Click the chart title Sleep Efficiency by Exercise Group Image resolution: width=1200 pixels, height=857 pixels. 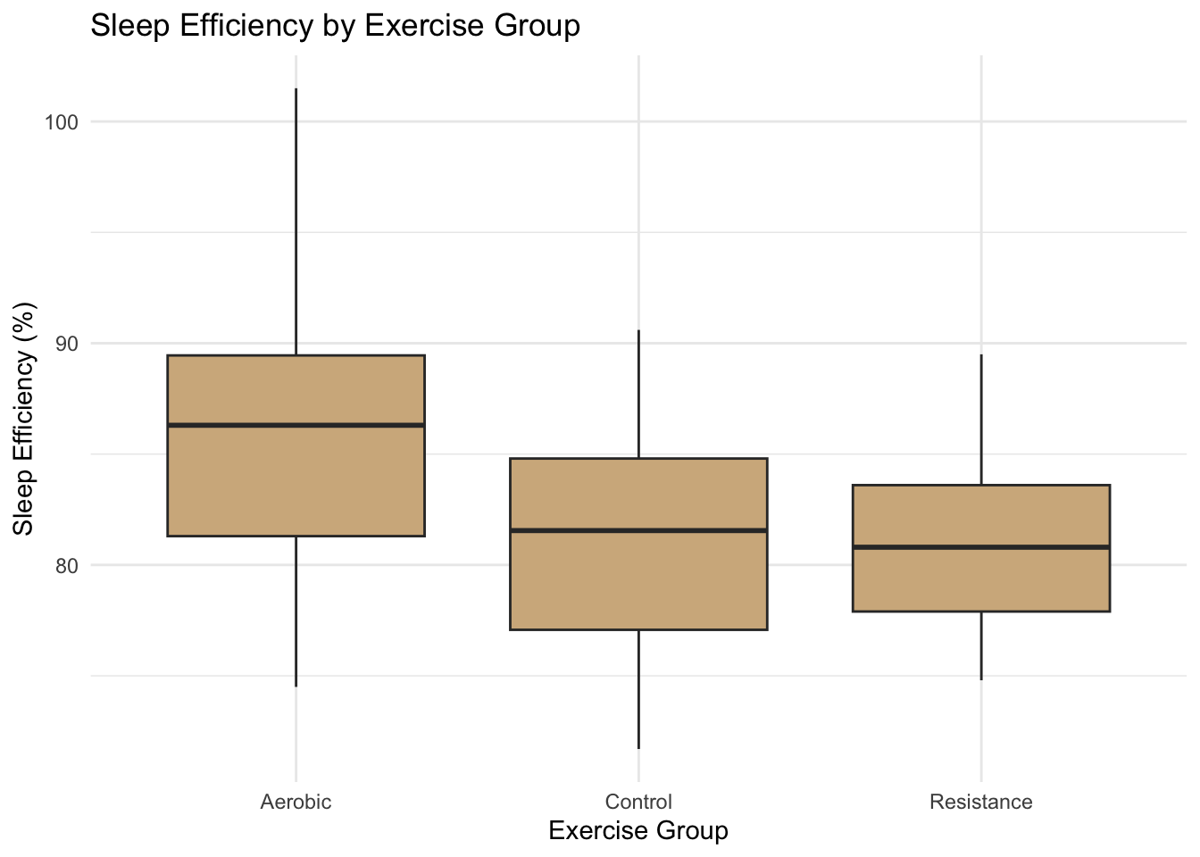336,25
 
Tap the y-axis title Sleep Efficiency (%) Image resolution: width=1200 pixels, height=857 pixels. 24,419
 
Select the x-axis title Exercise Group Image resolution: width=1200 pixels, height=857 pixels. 637,831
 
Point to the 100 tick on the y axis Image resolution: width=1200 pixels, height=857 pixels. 62,122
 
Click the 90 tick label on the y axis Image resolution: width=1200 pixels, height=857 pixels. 66,344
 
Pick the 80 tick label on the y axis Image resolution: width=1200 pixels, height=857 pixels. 66,565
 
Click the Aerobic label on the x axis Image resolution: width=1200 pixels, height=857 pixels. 296,802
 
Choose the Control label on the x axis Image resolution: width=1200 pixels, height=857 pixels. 637,802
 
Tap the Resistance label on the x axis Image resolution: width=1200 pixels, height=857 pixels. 980,802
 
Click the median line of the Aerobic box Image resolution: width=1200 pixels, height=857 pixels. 296,425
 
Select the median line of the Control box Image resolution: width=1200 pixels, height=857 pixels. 637,530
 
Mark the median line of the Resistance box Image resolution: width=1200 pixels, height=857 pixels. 980,546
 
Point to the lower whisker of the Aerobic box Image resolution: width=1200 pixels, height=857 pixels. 296,611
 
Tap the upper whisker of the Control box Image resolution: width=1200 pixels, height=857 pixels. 637,394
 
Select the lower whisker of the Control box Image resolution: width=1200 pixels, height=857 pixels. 637,688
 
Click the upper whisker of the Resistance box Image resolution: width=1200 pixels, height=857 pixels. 980,420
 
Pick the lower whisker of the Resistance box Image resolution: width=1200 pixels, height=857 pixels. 980,645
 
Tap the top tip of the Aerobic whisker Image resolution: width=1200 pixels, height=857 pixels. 296,89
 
